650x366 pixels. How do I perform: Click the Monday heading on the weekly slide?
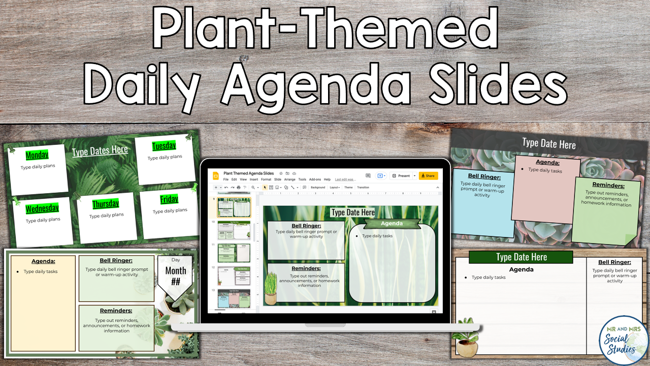pos(37,155)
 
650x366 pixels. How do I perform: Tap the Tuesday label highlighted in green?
pos(164,146)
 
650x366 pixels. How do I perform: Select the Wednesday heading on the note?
pos(42,208)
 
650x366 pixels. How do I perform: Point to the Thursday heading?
pos(106,204)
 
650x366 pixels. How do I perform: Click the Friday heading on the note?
pos(169,199)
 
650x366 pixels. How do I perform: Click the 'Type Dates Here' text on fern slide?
pos(100,151)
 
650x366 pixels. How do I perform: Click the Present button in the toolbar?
pos(401,176)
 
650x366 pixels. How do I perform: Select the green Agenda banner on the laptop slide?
pos(392,224)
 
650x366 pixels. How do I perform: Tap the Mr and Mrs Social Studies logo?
pos(623,340)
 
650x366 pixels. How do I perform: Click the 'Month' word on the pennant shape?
pos(175,271)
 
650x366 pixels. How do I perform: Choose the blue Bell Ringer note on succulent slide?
pos(483,198)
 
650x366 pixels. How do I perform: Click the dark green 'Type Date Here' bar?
pos(521,257)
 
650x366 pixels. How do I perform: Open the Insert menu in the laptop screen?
pos(254,179)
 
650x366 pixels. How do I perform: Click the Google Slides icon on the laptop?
pos(215,176)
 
